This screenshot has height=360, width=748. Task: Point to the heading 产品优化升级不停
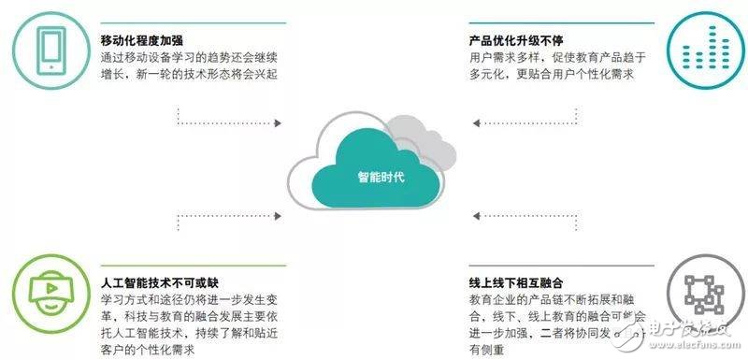pyautogui.click(x=513, y=40)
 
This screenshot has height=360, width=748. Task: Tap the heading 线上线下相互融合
pyautogui.click(x=513, y=281)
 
